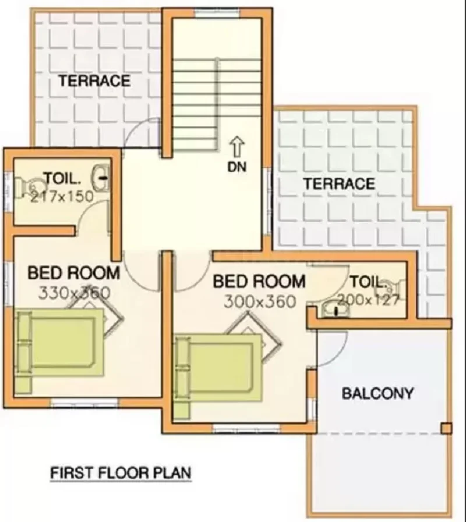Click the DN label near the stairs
click(x=237, y=167)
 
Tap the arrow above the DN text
click(x=237, y=147)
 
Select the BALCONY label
click(x=377, y=394)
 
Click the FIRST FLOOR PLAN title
click(x=121, y=473)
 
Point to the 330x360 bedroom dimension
click(x=74, y=293)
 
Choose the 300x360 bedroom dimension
click(x=260, y=302)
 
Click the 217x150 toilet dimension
click(x=62, y=197)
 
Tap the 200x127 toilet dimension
click(x=368, y=300)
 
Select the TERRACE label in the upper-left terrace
click(x=95, y=81)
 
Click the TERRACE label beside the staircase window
click(x=340, y=184)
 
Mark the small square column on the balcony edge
click(x=446, y=428)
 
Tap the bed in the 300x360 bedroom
click(x=218, y=374)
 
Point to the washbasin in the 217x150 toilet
click(x=101, y=178)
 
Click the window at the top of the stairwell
click(x=217, y=13)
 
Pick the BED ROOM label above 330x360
click(x=73, y=272)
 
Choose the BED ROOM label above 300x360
click(x=259, y=281)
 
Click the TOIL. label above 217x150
click(x=62, y=178)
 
